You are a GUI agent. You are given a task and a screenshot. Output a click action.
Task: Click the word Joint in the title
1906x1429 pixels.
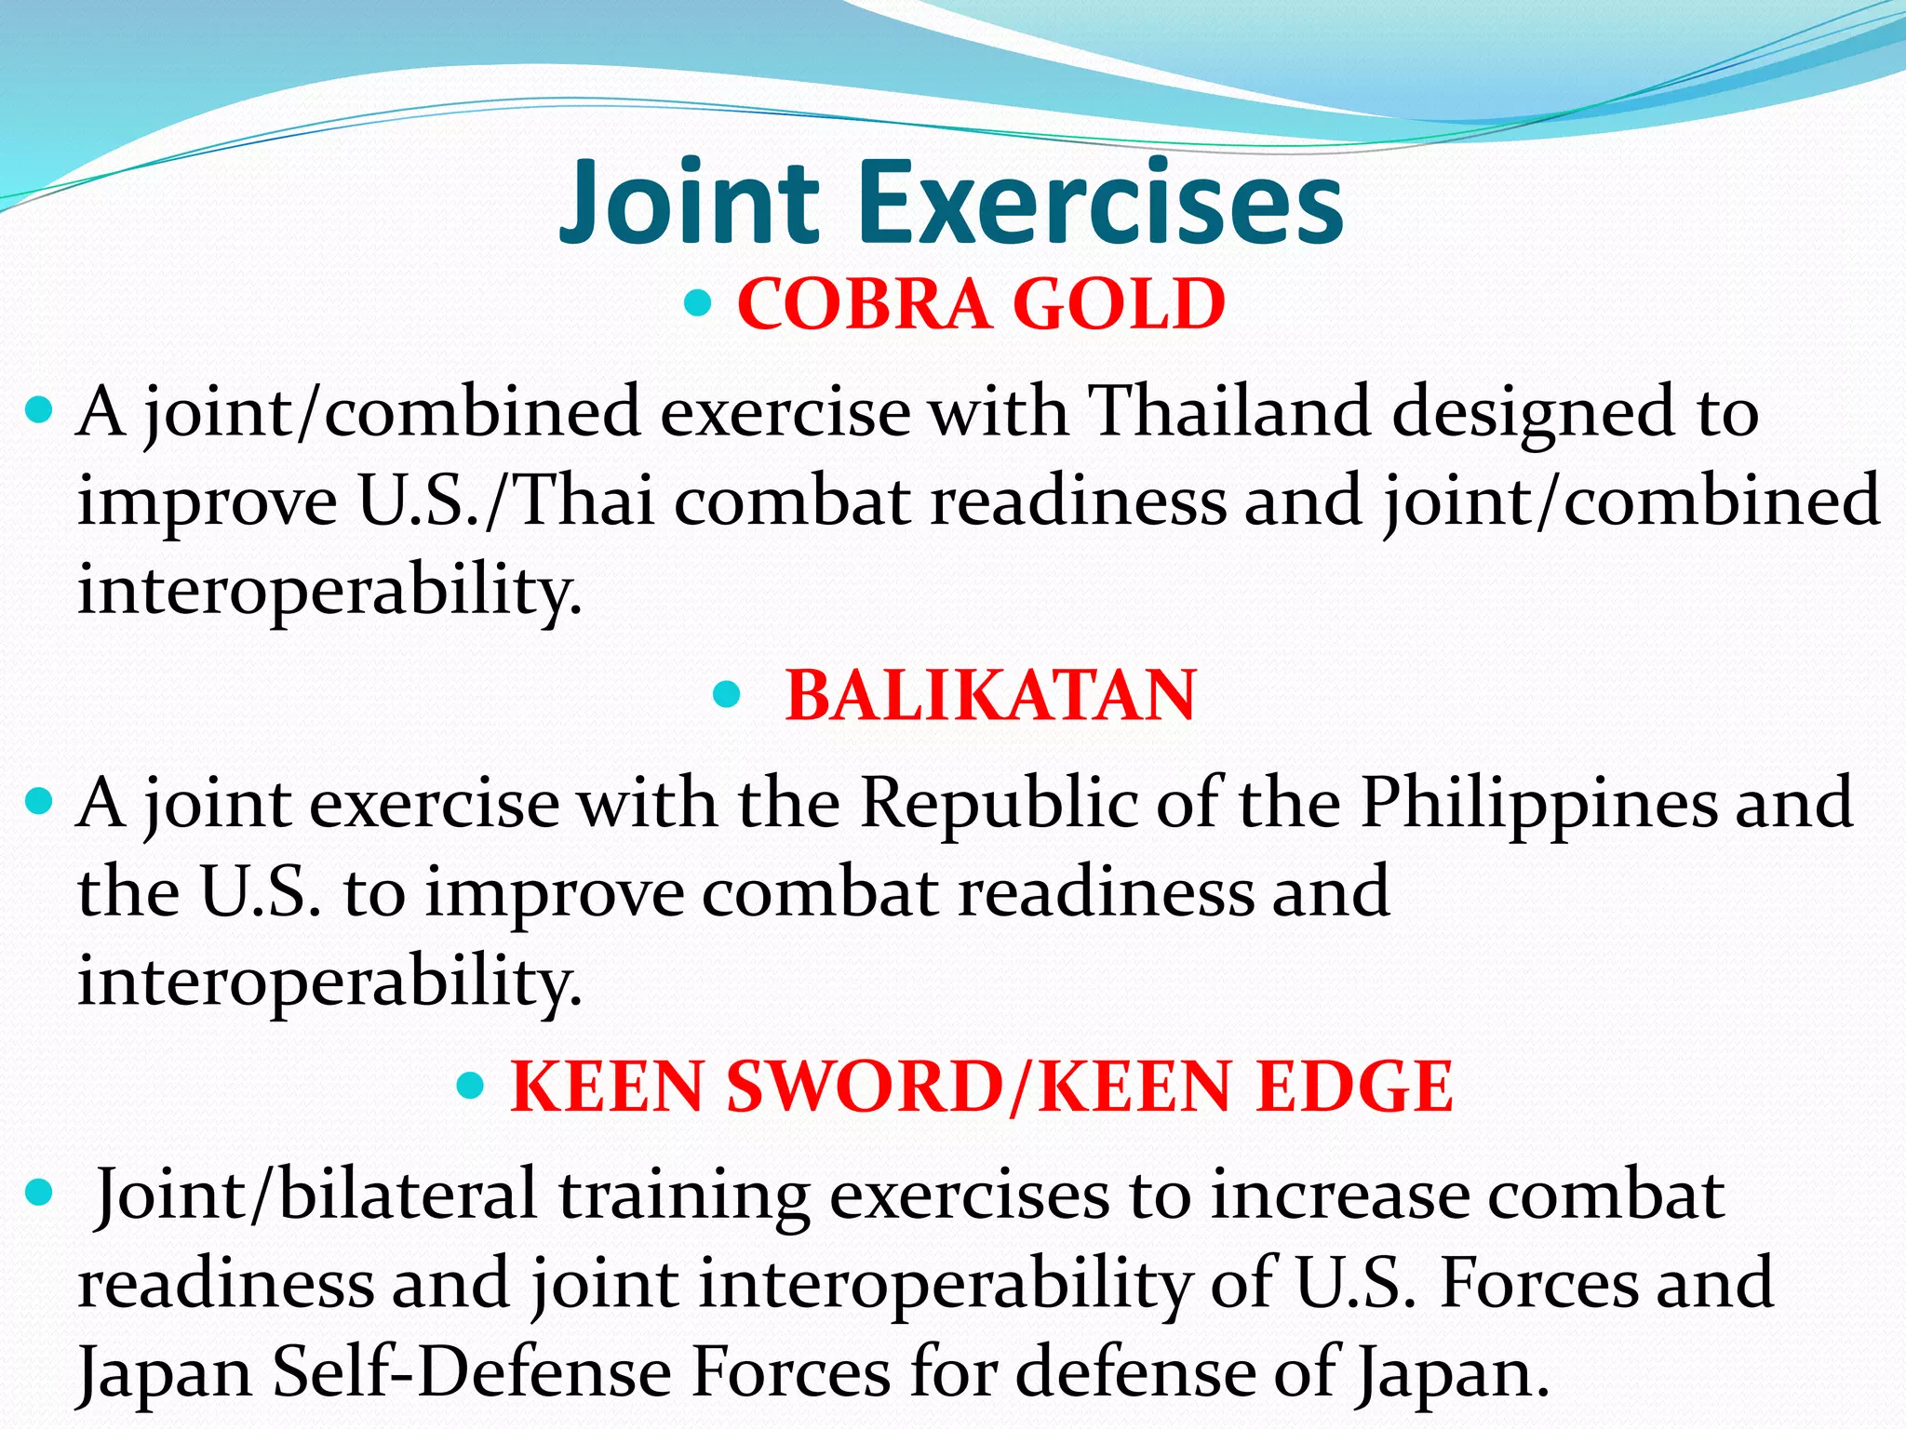[689, 203]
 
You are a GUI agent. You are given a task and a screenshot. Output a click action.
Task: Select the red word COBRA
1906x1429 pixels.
[864, 304]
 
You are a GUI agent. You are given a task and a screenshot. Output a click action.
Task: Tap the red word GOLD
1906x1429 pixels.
[1119, 304]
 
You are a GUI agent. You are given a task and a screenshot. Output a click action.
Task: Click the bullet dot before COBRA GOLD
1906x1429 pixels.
[698, 302]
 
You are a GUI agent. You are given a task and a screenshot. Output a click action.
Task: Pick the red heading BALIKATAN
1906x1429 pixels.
[990, 696]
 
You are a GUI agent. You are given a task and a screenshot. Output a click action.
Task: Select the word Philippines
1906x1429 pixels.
[1539, 802]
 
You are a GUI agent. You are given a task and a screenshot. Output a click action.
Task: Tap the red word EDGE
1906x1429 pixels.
[1353, 1087]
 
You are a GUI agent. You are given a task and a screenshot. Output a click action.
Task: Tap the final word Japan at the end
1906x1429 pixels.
[1448, 1371]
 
